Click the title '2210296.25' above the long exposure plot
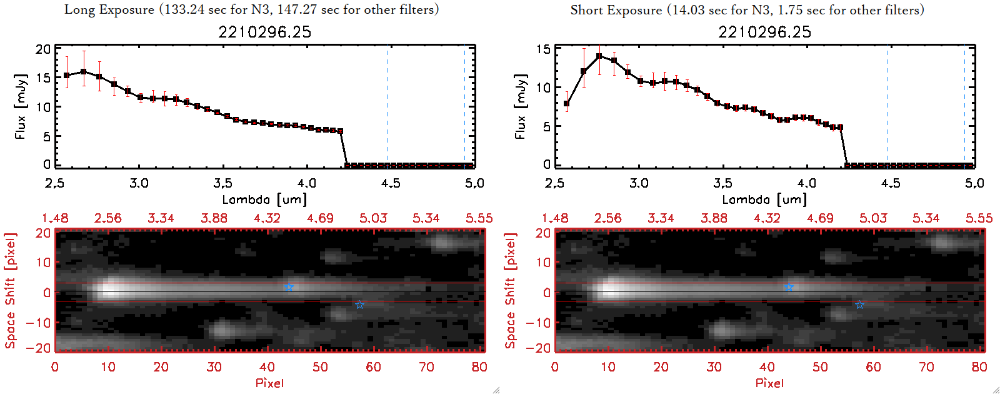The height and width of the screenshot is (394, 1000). [264, 32]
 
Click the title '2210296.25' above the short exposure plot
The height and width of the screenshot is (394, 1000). [764, 32]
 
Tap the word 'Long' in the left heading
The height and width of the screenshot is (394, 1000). [78, 9]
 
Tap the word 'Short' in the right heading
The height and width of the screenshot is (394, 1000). [586, 10]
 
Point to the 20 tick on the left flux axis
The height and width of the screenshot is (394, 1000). [43, 49]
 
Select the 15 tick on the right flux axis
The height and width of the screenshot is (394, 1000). [543, 49]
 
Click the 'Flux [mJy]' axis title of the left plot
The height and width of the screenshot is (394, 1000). [21, 106]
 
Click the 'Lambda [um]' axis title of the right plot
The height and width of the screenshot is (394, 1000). [764, 200]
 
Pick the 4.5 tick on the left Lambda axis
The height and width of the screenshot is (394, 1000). [390, 183]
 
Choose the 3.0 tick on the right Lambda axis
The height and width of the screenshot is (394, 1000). [639, 183]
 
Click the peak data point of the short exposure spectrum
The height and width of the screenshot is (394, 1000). [599, 56]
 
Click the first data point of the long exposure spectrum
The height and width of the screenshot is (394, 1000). [67, 76]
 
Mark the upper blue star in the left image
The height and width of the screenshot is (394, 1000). [289, 288]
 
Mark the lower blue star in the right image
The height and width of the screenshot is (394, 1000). [859, 305]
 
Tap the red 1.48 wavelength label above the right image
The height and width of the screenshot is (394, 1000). [555, 218]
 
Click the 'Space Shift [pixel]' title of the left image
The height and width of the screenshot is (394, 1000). [10, 291]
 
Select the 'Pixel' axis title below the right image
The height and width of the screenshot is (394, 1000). [769, 383]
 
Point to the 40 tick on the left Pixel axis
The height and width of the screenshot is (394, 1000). [267, 367]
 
